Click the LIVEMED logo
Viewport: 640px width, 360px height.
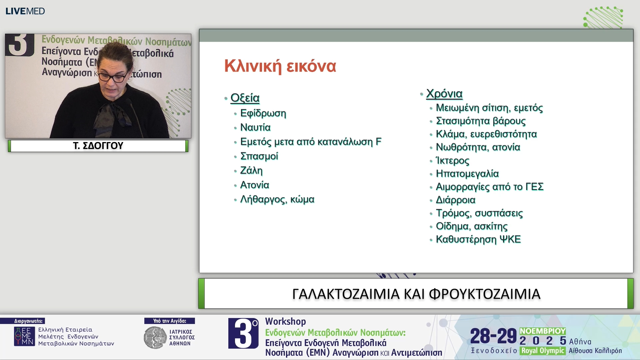coord(25,11)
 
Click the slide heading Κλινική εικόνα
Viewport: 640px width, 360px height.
coord(280,66)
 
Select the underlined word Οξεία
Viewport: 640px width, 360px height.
coord(245,98)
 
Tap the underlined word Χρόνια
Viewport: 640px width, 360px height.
coord(444,94)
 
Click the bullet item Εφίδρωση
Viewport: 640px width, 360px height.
coord(263,113)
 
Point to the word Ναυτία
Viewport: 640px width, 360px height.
coord(255,127)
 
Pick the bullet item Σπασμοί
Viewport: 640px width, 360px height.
coord(259,156)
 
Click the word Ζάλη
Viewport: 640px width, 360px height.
coord(251,170)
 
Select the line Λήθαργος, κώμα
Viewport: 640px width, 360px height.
coord(277,199)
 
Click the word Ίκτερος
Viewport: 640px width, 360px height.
coord(452,160)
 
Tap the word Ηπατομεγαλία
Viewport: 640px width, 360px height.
coord(467,174)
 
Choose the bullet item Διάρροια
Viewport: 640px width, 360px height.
coord(455,200)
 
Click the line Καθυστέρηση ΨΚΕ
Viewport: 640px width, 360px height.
coord(478,239)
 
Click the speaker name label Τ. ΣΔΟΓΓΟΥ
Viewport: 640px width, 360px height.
coord(98,146)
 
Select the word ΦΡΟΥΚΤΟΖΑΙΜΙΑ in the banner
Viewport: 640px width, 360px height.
coord(484,294)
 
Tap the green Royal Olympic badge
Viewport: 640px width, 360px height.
coord(542,351)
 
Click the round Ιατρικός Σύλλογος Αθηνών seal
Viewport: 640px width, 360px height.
coord(155,338)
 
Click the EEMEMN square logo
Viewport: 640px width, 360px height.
coord(24,336)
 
